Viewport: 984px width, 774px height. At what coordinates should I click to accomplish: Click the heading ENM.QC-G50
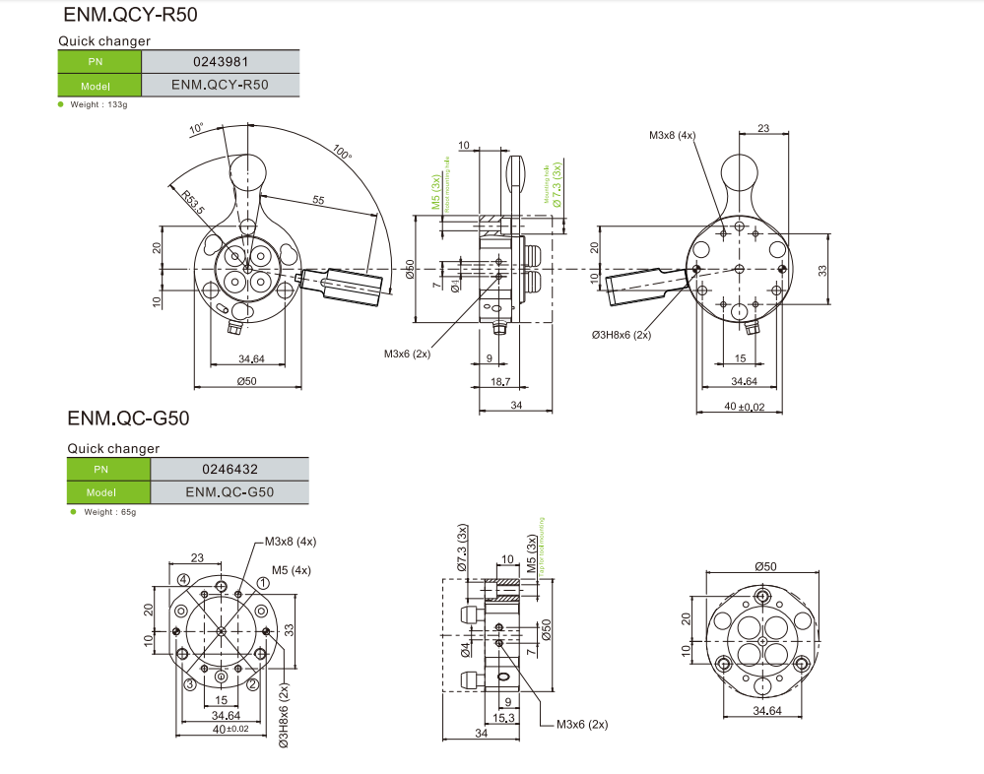point(128,419)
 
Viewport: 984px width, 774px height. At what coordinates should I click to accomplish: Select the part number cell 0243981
point(220,61)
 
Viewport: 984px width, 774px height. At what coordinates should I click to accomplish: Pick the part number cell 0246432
point(230,469)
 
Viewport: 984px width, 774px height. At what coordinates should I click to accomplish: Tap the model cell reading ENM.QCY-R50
point(220,85)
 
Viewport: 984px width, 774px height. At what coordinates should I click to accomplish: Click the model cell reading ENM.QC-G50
point(230,492)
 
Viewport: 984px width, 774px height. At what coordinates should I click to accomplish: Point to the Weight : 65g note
point(109,512)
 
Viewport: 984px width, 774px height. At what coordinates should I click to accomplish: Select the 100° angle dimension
point(342,155)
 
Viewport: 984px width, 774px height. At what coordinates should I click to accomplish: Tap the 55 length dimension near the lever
point(318,200)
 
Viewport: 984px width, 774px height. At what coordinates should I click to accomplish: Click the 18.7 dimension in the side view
point(499,380)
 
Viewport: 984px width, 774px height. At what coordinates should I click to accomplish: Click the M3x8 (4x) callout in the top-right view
point(672,135)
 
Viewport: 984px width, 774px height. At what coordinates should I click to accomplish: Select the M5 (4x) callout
point(292,569)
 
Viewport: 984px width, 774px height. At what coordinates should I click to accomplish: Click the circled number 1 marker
point(263,583)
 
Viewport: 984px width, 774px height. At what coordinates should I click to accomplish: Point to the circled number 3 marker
point(187,684)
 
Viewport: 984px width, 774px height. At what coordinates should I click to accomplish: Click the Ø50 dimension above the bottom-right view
point(765,566)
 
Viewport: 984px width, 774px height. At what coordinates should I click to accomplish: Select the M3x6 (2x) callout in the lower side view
point(582,724)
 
